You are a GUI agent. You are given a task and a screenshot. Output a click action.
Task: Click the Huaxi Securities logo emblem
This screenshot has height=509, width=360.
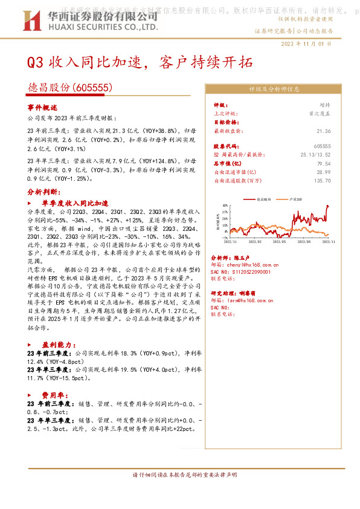point(37,21)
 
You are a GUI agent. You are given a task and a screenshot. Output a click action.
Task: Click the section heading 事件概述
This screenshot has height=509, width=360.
point(42,106)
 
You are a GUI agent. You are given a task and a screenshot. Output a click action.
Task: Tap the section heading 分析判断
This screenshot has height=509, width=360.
point(42,190)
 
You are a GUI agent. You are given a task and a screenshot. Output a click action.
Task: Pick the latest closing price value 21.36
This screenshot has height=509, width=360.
point(324,131)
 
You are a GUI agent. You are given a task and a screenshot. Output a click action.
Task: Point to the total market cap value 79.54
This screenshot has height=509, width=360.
point(324,163)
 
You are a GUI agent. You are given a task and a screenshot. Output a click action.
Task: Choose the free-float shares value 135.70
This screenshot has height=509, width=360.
point(322,180)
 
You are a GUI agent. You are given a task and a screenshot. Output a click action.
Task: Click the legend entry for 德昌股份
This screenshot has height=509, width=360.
point(263,198)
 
